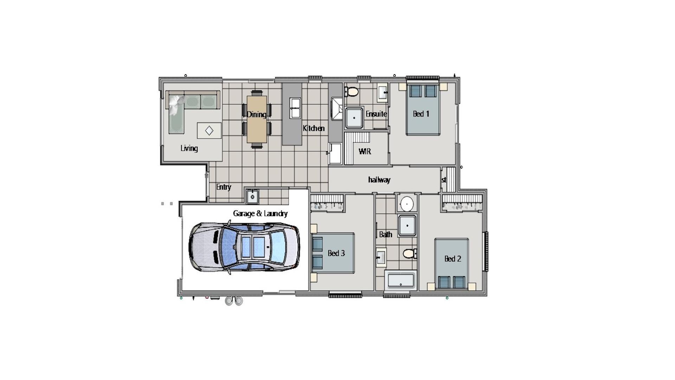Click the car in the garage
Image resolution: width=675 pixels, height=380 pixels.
click(244, 247)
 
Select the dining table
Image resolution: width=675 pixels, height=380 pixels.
click(257, 119)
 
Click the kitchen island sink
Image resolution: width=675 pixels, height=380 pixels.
click(295, 108)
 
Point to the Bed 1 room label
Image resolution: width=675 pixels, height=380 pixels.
click(421, 114)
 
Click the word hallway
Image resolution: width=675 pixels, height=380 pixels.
click(379, 180)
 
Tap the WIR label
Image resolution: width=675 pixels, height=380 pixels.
click(365, 151)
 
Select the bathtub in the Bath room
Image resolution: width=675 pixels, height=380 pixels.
click(400, 280)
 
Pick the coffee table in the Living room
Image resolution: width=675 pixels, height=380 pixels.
click(209, 131)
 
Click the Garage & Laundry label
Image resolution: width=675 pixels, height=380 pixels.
click(260, 213)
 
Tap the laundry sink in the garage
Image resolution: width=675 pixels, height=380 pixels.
click(252, 196)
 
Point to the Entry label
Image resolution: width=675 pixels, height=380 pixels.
click(223, 187)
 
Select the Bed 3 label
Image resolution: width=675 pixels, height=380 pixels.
click(336, 253)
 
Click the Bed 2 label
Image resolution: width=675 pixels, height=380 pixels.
click(452, 259)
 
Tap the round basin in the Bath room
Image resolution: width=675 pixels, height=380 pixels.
click(407, 203)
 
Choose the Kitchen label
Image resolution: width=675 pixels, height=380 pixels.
click(314, 128)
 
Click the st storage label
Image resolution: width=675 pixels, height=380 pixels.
click(444, 180)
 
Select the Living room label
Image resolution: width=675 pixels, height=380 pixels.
click(189, 148)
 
